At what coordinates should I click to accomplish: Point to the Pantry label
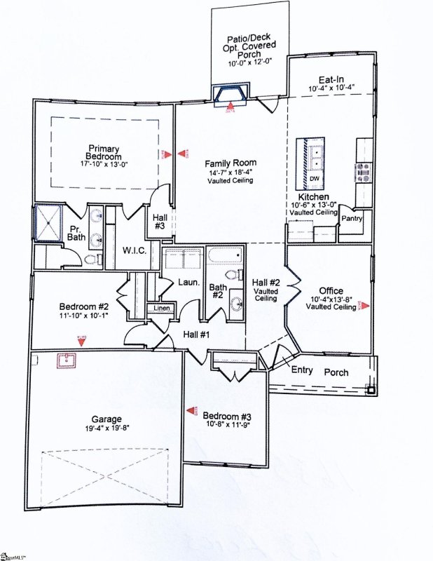click(351, 219)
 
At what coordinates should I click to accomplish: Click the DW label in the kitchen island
click(313, 178)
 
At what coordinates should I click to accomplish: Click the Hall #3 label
click(159, 222)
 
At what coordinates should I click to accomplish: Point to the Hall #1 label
click(196, 334)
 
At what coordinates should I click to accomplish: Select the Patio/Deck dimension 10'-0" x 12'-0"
click(252, 63)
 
